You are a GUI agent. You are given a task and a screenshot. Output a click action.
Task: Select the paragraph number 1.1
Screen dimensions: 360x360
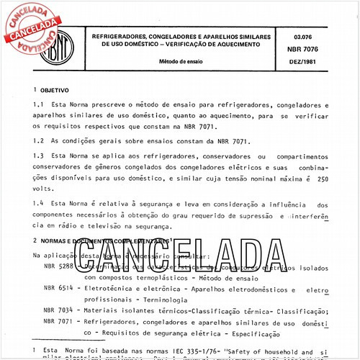(x=39, y=107)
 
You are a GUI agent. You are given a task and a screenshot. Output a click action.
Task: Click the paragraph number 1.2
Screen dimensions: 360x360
(x=39, y=142)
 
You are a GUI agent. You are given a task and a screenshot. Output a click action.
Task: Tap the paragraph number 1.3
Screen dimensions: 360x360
(x=39, y=157)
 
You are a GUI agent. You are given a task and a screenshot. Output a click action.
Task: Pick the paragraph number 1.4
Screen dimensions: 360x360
(x=39, y=204)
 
